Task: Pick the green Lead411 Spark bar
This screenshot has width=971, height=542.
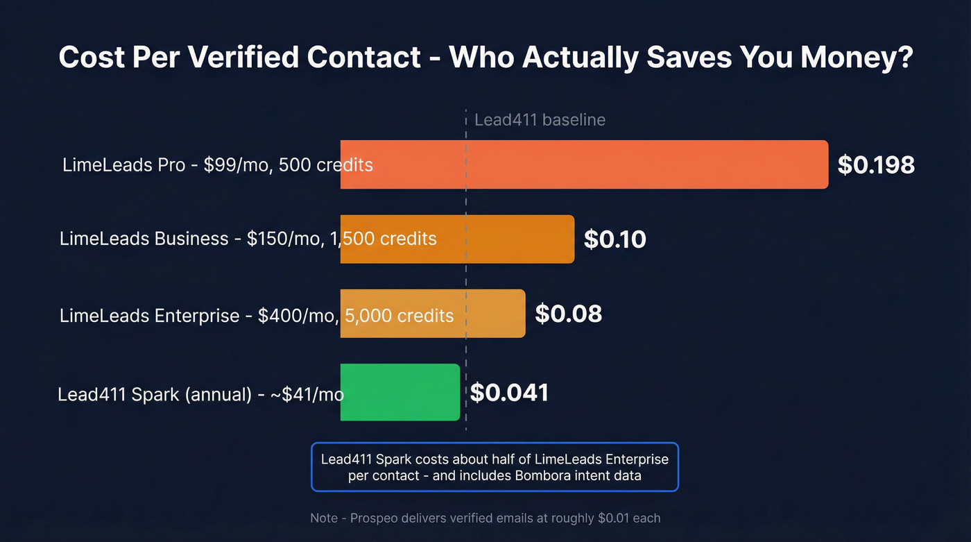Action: tap(400, 392)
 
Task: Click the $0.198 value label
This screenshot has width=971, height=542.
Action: tap(876, 164)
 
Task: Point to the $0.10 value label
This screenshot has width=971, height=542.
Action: tap(615, 239)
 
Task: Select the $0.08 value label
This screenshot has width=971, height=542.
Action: tap(568, 314)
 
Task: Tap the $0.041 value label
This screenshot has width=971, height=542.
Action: tap(509, 393)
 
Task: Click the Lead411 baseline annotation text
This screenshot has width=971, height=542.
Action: tap(540, 120)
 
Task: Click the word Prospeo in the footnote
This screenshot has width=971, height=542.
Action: tap(375, 518)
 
